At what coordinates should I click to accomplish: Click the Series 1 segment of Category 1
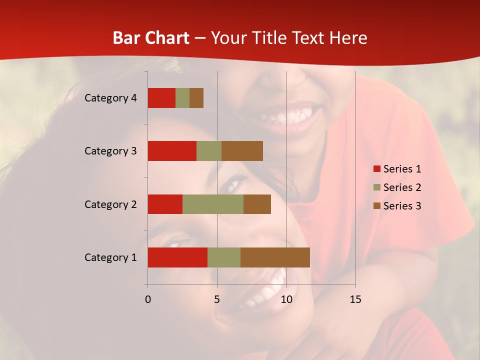177,257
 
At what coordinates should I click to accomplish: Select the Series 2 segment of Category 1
224,257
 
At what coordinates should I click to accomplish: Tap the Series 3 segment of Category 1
275,257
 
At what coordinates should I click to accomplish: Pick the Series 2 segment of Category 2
213,204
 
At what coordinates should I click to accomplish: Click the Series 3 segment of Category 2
257,204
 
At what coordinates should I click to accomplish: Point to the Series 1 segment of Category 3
172,151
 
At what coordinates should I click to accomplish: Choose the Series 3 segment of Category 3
242,151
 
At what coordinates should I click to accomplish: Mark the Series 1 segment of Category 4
161,98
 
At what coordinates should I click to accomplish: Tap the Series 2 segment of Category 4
182,98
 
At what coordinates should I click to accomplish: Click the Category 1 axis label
110,257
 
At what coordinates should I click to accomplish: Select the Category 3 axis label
110,151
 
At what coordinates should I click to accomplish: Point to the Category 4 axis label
110,98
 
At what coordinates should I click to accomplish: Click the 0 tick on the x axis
148,299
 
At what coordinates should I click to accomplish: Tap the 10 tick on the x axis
286,299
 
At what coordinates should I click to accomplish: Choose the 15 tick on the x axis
355,299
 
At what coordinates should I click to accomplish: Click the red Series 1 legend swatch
376,169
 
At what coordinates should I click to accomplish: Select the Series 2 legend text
402,187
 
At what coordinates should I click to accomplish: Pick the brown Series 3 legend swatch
376,206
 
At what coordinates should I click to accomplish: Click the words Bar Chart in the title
151,38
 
